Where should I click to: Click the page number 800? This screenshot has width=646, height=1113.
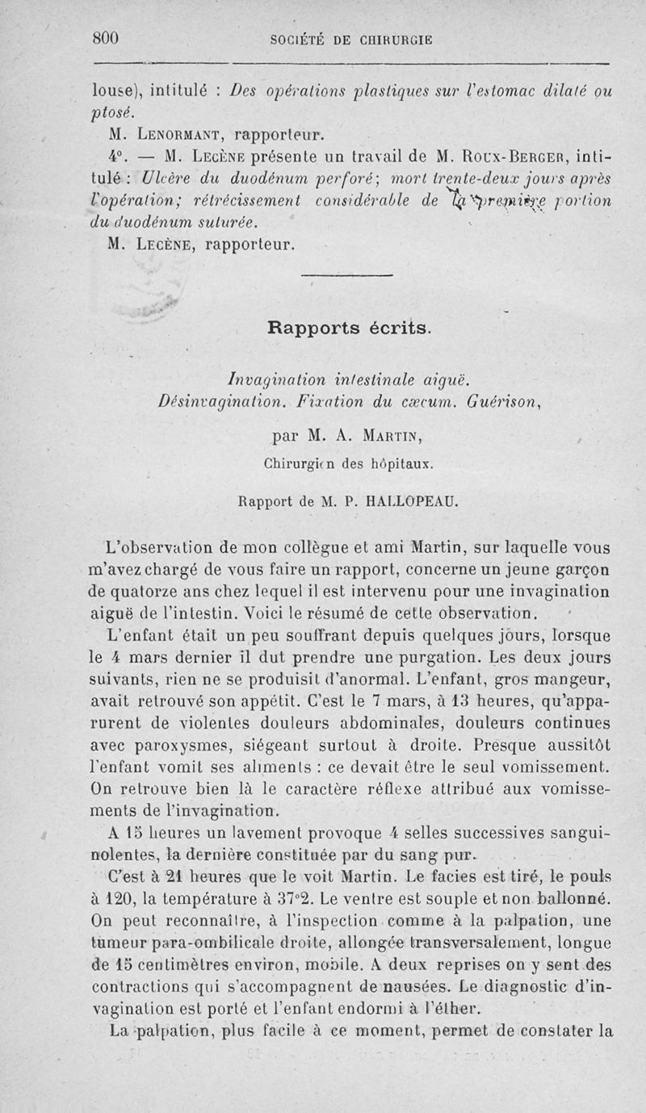(107, 38)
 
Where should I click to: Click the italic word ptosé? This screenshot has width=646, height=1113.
(111, 111)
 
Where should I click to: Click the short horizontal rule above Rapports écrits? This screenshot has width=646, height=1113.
(346, 278)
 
